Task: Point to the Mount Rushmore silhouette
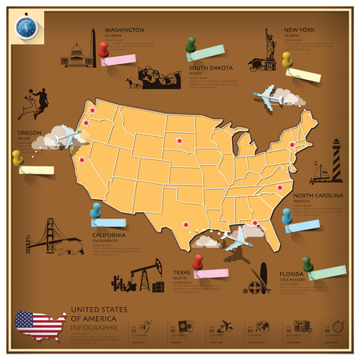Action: pyautogui.click(x=165, y=77)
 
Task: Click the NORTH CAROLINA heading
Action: pyautogui.click(x=318, y=195)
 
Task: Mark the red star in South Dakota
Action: pyautogui.click(x=178, y=145)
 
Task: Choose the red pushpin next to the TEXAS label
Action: pyautogui.click(x=198, y=261)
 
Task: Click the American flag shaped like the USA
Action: pyautogui.click(x=40, y=323)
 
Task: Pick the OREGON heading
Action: pyautogui.click(x=28, y=132)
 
